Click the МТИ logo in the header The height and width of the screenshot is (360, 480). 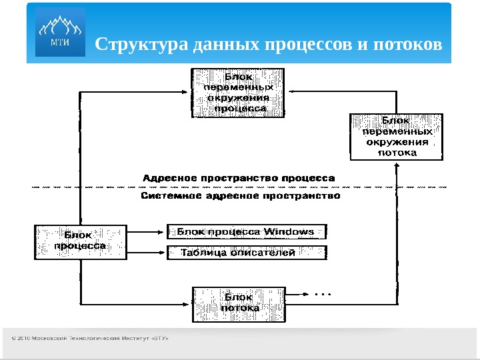60,32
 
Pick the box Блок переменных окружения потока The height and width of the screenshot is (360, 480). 396,137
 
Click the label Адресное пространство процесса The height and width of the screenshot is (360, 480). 239,178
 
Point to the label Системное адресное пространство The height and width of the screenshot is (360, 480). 241,197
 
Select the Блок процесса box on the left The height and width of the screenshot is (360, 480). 79,241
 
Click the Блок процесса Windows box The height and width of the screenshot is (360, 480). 246,232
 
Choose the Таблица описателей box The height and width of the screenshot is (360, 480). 246,253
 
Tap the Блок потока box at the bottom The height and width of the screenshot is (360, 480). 239,303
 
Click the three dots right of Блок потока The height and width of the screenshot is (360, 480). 322,294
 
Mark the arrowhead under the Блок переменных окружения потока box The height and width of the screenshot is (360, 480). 397,165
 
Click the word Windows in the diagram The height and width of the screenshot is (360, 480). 289,231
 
